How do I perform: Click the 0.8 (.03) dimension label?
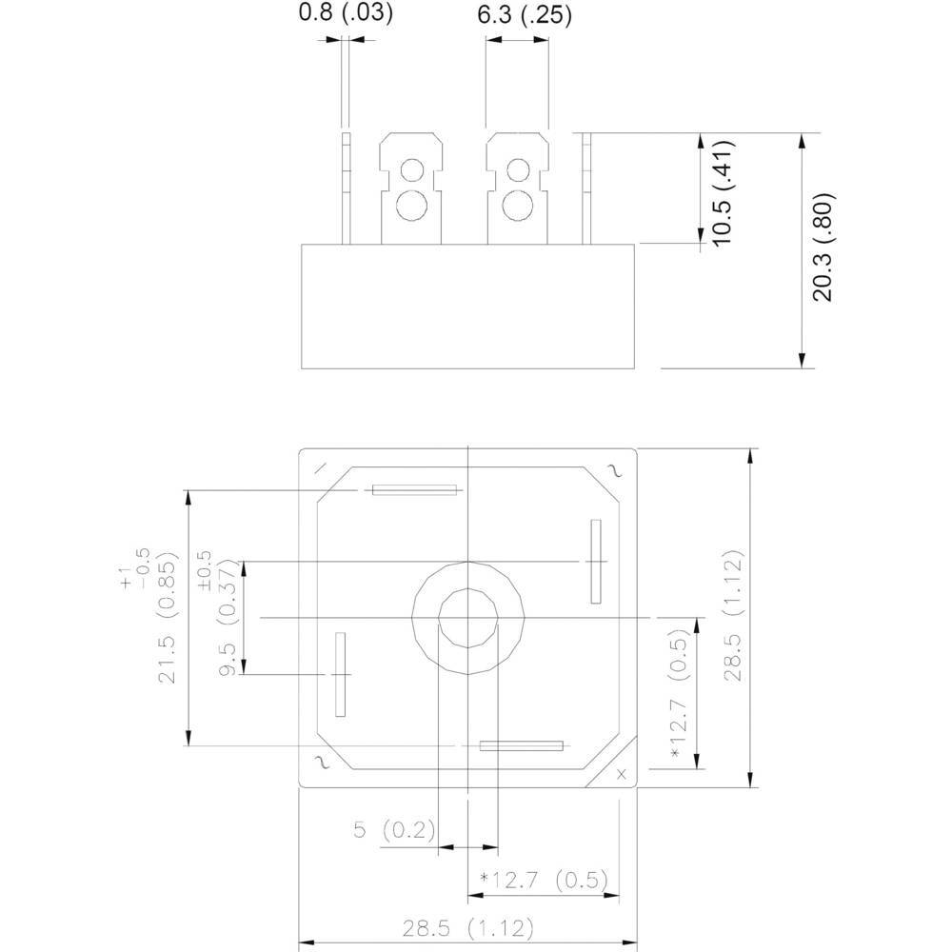pos(345,13)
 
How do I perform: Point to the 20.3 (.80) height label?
pos(823,248)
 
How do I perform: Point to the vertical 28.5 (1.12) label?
pos(730,617)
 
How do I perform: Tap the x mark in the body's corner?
pos(622,773)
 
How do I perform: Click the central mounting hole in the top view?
pos(467,618)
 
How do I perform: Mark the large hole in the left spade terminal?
pos(411,205)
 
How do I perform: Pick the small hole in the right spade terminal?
pos(517,170)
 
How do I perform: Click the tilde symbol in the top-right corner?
pos(613,468)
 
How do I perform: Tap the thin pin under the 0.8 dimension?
pos(347,188)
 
